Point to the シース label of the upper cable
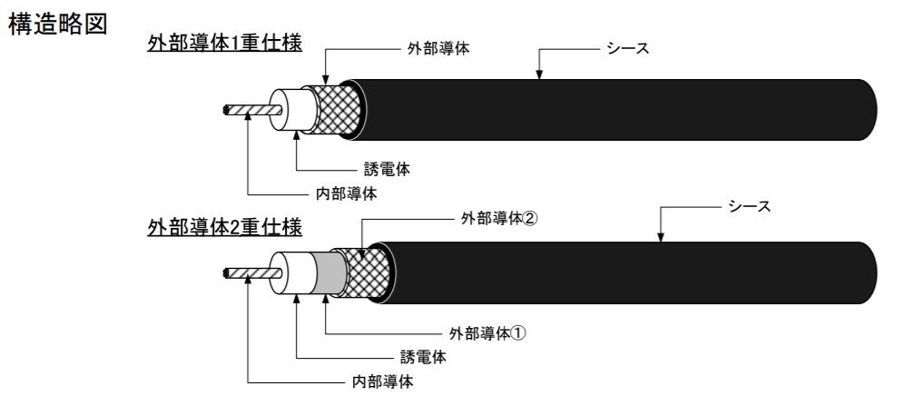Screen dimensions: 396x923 629,46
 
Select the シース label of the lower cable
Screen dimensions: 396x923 750,208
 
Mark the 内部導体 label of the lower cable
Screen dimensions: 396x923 381,381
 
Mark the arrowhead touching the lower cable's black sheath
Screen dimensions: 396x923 661,237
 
